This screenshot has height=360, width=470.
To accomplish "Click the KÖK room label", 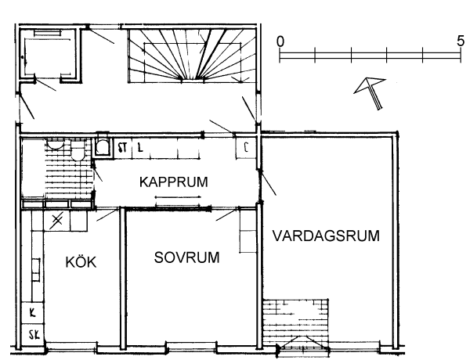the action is tap(81, 261).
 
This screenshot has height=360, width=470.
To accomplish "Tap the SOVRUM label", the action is tap(186, 257).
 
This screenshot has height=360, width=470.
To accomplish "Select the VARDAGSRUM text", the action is tap(326, 236).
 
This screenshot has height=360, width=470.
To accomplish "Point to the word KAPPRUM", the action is tap(174, 182).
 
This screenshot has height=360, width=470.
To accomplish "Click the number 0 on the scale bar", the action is tap(280, 41).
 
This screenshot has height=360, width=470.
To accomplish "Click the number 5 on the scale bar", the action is tap(461, 41).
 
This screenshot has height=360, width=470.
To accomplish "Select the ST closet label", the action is tap(122, 148).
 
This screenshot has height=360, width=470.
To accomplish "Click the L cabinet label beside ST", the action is tap(140, 147).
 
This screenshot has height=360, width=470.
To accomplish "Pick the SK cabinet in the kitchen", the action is tap(34, 335).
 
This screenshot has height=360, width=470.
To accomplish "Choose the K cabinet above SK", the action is tap(33, 313).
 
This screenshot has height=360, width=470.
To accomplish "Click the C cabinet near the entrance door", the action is tap(246, 147).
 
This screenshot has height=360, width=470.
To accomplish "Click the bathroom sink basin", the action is tap(55, 144).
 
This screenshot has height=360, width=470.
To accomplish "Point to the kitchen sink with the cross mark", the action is tap(56, 221).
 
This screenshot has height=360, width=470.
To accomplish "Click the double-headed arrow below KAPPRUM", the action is tap(178, 197).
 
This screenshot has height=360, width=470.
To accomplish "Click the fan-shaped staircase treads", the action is tap(192, 55).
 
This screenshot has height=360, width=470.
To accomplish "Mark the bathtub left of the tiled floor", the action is tap(33, 167).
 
